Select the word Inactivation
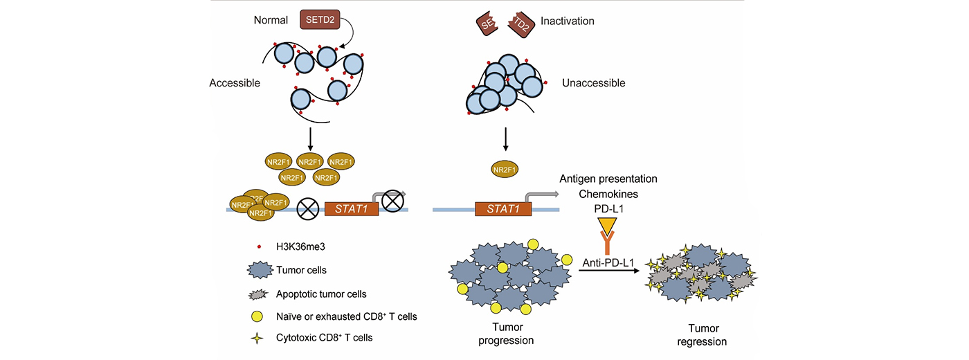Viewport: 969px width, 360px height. [568, 21]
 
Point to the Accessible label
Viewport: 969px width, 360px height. [235, 83]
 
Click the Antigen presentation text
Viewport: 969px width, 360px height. [608, 179]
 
